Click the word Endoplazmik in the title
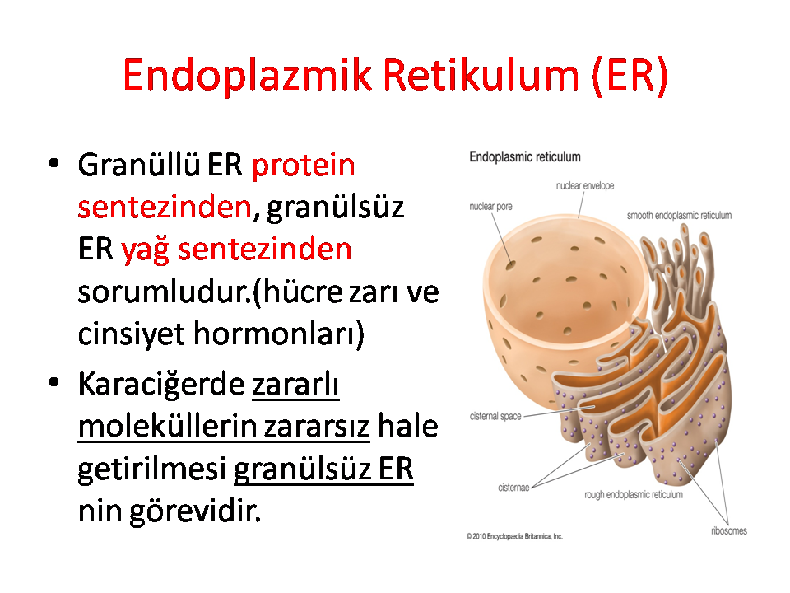point(247,76)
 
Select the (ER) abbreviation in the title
point(630,76)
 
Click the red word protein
point(304,166)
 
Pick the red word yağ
point(144,250)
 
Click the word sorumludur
point(163,292)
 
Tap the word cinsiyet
point(131,334)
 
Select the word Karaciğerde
point(161,385)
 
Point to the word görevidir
point(196,511)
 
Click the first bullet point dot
point(54,163)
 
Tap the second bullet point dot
point(54,382)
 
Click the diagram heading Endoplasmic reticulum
point(525,157)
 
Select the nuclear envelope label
point(585,185)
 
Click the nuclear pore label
point(490,206)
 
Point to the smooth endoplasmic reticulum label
point(679,215)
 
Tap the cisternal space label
point(495,416)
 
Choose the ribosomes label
point(729,530)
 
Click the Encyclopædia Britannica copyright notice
point(514,536)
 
